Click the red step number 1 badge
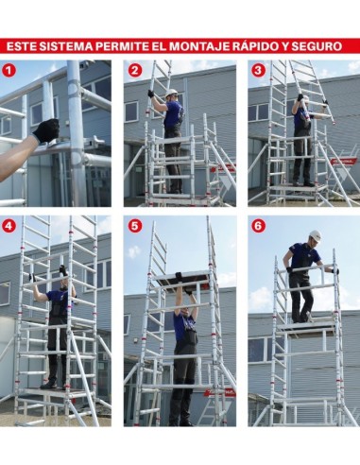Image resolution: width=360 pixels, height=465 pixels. [9, 70]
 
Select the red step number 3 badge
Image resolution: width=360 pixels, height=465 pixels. [258, 70]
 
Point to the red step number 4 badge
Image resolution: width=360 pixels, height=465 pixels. [9, 226]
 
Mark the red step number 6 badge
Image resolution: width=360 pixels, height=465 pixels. [258, 226]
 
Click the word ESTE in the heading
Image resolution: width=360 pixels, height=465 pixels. [24, 45]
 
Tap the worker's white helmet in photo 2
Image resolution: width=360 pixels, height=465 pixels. [171, 94]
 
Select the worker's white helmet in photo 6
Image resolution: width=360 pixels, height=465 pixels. [314, 234]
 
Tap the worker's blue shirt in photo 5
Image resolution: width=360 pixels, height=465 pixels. [184, 327]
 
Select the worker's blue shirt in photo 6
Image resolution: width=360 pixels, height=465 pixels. [305, 256]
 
